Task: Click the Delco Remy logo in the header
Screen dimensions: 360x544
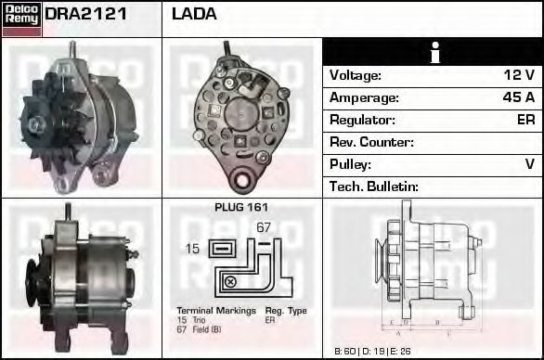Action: point(21,18)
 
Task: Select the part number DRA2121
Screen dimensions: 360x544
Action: point(86,14)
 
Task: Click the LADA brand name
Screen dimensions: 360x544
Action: point(194,14)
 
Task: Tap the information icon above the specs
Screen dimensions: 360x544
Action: point(432,52)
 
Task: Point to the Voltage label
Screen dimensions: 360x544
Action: point(356,75)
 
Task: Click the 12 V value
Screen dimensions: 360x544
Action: point(519,75)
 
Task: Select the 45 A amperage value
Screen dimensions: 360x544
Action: point(518,97)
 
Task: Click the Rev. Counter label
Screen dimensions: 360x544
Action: point(371,142)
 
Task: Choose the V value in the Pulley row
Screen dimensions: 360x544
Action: point(529,164)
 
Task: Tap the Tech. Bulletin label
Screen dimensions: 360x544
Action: point(374,186)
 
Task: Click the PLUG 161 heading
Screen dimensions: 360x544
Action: point(241,208)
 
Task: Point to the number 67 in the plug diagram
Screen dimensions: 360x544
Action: point(264,227)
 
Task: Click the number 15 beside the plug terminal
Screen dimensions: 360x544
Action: point(193,249)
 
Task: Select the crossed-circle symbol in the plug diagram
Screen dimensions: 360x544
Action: point(230,280)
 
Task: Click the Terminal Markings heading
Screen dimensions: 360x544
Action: point(214,310)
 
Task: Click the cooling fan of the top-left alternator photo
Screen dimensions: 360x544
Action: point(40,122)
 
